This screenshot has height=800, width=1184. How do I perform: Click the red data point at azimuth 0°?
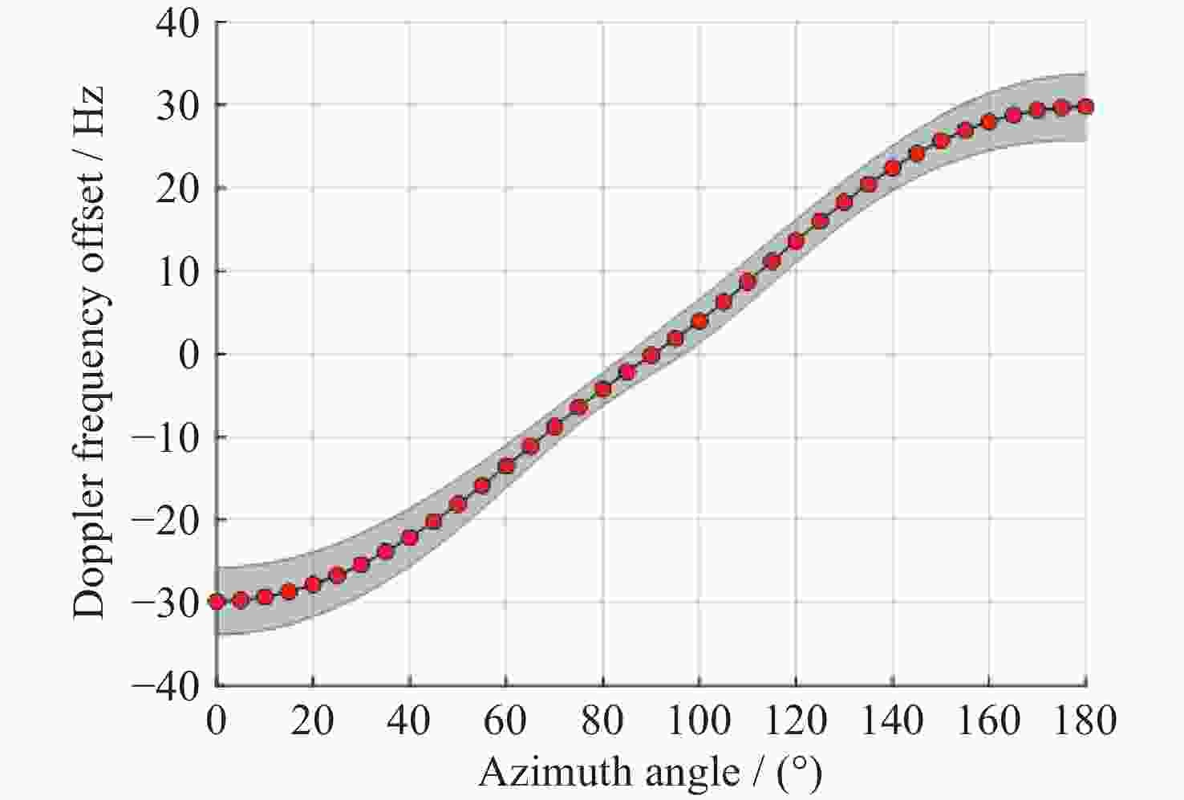coord(217,601)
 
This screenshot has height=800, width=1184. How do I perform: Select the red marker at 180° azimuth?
coord(1086,107)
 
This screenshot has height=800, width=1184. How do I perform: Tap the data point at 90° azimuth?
coord(651,355)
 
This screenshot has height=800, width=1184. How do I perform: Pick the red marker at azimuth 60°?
coord(506,465)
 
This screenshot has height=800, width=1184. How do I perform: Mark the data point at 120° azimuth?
coord(796,241)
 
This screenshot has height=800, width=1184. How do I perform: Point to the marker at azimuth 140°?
coord(892,169)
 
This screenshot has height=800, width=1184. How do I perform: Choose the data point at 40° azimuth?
coord(409,538)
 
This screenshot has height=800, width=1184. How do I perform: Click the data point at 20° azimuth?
coord(313,584)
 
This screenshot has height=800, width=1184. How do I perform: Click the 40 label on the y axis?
coord(178,22)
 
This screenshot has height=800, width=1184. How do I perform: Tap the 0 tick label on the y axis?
coord(189,354)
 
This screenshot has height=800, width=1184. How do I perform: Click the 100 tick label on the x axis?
coord(699,721)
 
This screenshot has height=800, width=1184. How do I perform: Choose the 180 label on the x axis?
coord(1085,721)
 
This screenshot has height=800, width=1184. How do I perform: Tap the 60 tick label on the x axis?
coord(506,721)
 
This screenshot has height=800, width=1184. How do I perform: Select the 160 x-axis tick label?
coord(988,721)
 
